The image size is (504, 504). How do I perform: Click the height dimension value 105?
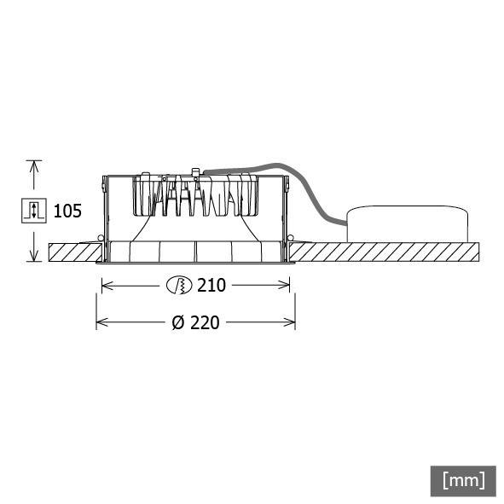[67, 211]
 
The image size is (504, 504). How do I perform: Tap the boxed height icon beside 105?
[33, 211]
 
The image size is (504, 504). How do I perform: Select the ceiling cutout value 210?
[211, 286]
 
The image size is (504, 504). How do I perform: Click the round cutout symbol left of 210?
[178, 286]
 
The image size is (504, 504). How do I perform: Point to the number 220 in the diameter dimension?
[206, 323]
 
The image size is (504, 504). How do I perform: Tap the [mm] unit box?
[463, 479]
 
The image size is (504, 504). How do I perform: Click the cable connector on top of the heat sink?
[197, 173]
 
